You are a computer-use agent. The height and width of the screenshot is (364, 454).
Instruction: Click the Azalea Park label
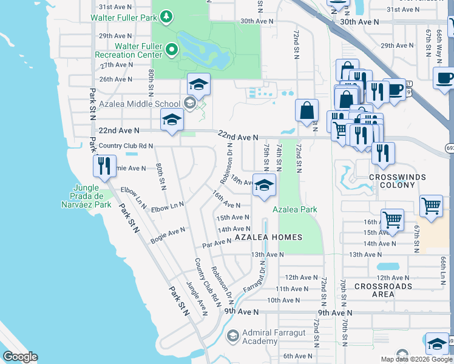point(295,210)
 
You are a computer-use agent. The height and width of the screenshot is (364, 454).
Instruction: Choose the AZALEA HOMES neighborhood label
point(268,237)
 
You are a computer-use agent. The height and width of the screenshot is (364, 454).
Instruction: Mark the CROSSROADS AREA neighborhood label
point(383,290)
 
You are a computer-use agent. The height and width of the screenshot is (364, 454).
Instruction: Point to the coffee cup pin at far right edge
point(445,78)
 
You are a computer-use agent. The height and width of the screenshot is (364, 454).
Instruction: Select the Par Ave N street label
point(217,242)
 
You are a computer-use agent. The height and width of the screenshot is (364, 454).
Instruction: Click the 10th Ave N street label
point(283,300)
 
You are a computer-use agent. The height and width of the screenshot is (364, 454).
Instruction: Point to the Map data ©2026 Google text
point(416,359)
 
